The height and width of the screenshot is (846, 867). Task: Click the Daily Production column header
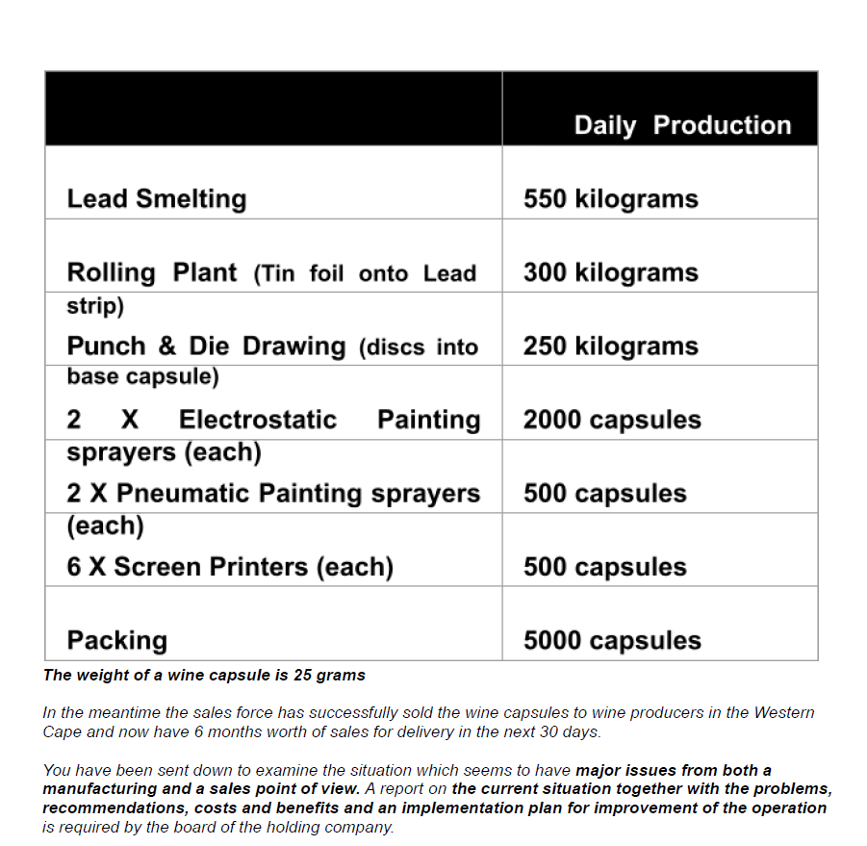click(x=682, y=125)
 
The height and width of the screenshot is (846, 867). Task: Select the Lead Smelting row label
click(x=157, y=199)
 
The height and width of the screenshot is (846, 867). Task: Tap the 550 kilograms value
click(x=610, y=199)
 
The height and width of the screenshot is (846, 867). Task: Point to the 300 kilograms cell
click(x=610, y=272)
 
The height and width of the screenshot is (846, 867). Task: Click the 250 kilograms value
click(x=610, y=346)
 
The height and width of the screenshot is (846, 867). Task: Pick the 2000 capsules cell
click(x=612, y=420)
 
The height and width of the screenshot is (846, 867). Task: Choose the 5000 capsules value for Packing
click(x=612, y=641)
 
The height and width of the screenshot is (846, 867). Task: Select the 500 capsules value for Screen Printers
click(x=604, y=567)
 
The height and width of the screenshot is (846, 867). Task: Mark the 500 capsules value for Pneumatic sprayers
click(x=604, y=494)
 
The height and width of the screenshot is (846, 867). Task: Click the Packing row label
click(x=116, y=641)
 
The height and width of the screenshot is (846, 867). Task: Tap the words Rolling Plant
click(x=151, y=272)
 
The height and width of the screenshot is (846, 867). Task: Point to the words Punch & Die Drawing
click(x=206, y=346)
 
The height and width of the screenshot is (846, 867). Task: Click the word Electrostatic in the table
click(x=258, y=420)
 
